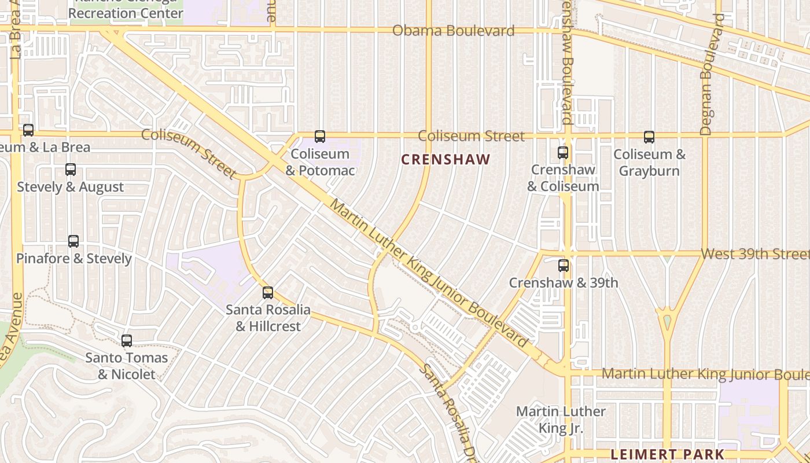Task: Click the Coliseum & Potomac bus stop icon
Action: click(x=320, y=137)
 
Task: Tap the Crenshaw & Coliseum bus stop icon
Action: click(x=563, y=153)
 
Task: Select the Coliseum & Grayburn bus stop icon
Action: click(x=649, y=137)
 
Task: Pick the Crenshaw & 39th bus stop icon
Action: click(x=564, y=266)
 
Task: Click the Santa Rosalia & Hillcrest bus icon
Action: click(x=268, y=293)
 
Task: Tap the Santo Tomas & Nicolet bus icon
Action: click(x=127, y=341)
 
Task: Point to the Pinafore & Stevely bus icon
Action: click(x=73, y=241)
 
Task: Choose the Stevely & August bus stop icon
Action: click(x=71, y=170)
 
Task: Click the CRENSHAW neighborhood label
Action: click(x=446, y=160)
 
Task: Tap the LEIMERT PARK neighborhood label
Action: click(x=668, y=454)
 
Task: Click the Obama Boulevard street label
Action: click(x=453, y=31)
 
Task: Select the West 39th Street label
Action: click(x=754, y=254)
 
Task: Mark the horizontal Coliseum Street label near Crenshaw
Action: click(x=471, y=136)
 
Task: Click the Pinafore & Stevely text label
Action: click(x=74, y=259)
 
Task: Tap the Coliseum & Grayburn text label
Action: click(x=649, y=163)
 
